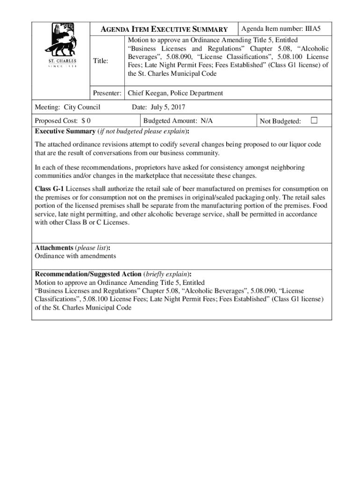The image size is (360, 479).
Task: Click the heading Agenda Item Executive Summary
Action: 165,29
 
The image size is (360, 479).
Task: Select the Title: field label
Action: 101,61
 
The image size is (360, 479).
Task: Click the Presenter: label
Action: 108,93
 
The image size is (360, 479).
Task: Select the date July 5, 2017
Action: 159,108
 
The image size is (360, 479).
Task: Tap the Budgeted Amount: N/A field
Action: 178,121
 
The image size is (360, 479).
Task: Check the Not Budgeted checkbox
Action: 314,121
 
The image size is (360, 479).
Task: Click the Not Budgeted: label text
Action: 280,122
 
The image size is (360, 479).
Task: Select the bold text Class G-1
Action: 50,189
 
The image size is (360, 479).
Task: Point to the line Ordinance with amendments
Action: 75,256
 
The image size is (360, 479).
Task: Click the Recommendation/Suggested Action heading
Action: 88,274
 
